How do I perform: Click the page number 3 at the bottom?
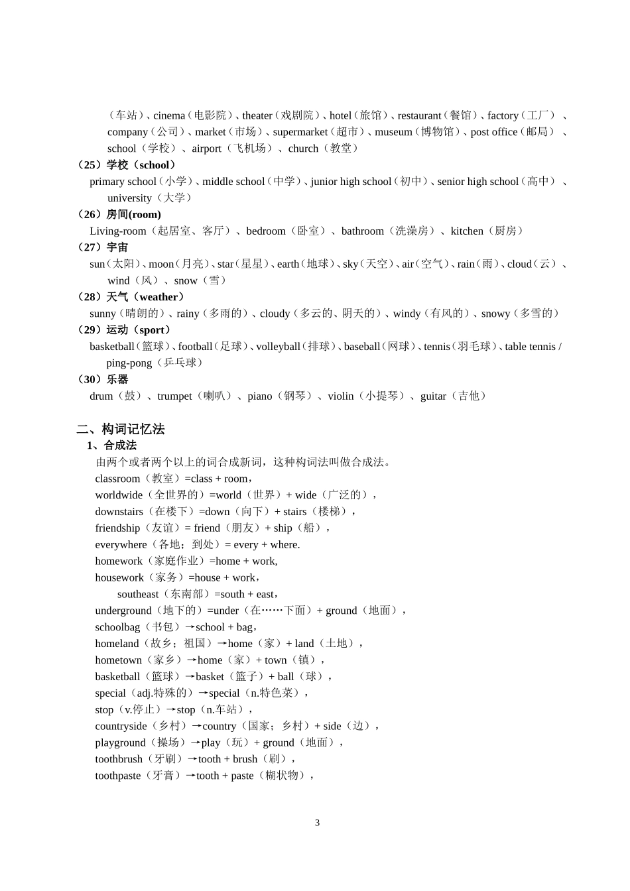(x=317, y=823)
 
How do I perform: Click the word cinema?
(x=169, y=115)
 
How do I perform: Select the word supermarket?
(x=300, y=132)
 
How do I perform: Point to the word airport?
(x=206, y=148)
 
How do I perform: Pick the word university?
(x=129, y=198)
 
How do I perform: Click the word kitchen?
(x=467, y=231)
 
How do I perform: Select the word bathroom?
(x=362, y=231)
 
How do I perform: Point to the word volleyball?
(x=278, y=347)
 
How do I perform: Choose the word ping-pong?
(x=129, y=363)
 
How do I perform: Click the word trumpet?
(x=174, y=396)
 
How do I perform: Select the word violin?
(x=340, y=396)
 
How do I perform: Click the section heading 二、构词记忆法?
(x=121, y=429)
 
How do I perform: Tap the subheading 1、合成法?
(x=111, y=445)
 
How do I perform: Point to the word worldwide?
(x=119, y=495)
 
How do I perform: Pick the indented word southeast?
(x=138, y=595)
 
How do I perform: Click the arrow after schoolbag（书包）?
(x=190, y=627)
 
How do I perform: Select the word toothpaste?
(x=118, y=776)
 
